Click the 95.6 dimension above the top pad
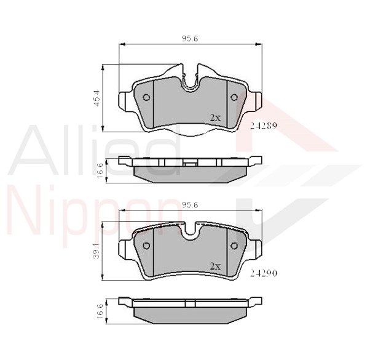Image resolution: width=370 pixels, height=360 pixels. click(190, 39)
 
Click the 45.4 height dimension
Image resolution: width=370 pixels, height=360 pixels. click(97, 98)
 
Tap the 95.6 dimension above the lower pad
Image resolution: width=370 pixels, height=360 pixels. click(190, 205)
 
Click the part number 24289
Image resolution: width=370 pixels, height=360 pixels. click(263, 126)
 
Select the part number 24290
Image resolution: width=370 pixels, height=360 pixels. click(263, 273)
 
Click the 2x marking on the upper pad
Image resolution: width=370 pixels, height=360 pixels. click(215, 118)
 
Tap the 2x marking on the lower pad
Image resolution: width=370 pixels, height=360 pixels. click(215, 266)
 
